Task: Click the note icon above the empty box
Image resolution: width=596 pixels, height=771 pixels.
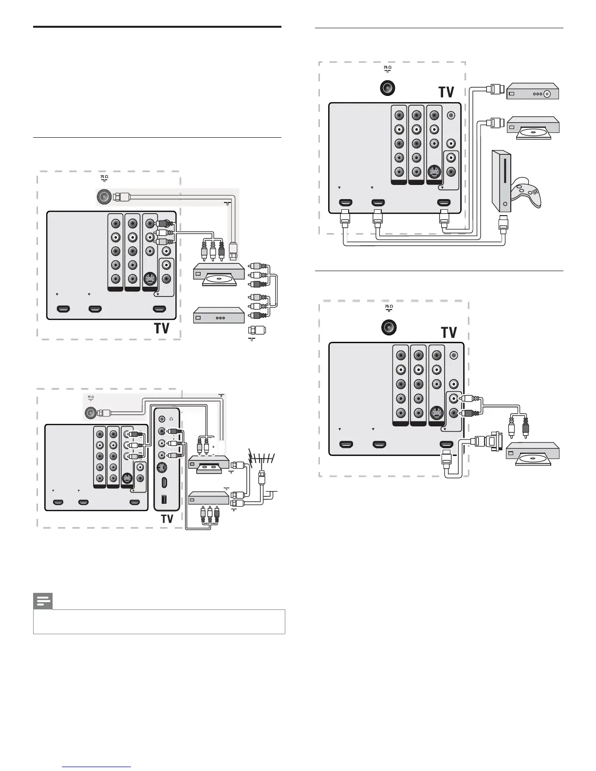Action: tap(43, 602)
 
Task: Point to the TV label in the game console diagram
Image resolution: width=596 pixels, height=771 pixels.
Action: tap(446, 92)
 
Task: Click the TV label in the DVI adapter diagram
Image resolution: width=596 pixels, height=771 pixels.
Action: tap(448, 332)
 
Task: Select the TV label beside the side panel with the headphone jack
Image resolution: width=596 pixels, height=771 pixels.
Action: tap(167, 518)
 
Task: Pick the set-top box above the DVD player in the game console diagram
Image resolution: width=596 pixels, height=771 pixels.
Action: tap(533, 91)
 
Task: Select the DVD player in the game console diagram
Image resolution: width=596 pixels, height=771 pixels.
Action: tap(533, 128)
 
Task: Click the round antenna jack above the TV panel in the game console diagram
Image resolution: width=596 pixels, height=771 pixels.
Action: tap(387, 88)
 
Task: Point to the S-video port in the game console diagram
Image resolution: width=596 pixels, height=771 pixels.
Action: tap(434, 172)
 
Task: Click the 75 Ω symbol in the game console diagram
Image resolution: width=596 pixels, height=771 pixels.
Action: tap(387, 69)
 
